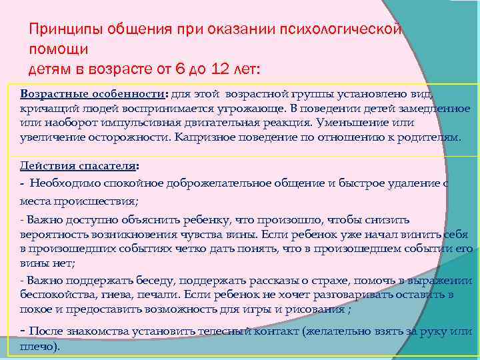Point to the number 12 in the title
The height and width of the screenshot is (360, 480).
tap(218, 68)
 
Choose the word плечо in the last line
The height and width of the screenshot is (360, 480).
tap(39, 347)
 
